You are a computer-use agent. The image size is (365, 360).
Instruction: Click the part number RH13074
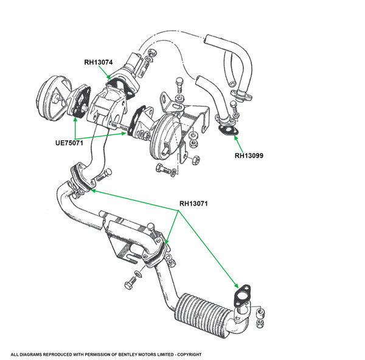pos(99,61)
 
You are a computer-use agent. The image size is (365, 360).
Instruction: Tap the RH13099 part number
pos(251,155)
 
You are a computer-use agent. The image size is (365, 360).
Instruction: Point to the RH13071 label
pos(193,203)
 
